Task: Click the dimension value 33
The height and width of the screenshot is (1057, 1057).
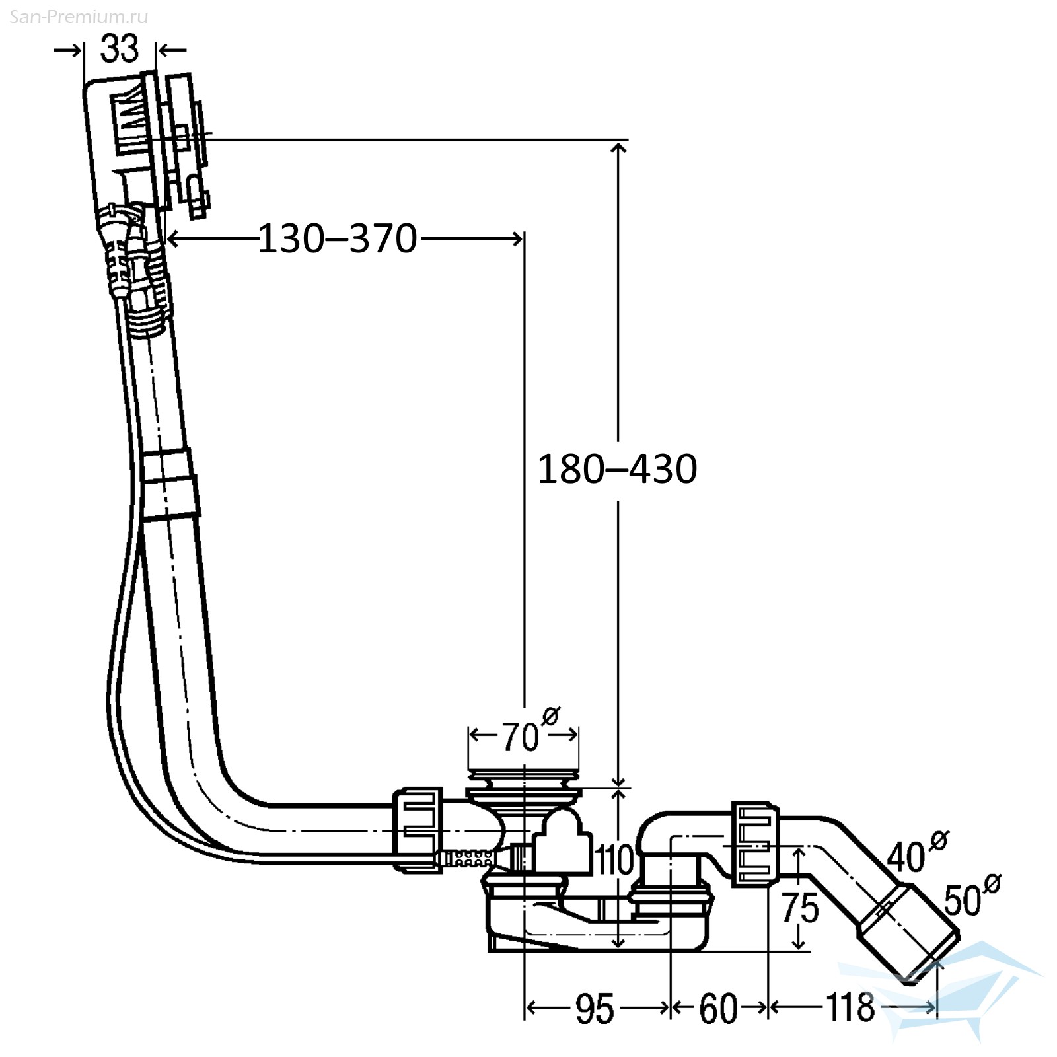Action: [x=120, y=49]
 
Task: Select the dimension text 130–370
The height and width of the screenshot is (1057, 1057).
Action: [x=337, y=238]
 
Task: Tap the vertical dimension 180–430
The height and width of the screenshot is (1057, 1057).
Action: [x=617, y=469]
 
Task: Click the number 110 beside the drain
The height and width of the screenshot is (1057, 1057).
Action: [x=614, y=859]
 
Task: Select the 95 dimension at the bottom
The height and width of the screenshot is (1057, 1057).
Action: [x=595, y=1009]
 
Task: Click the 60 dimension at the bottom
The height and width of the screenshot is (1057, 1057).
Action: [x=718, y=1009]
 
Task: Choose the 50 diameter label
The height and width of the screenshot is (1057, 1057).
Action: [x=971, y=895]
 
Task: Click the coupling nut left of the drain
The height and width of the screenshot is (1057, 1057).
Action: [x=418, y=830]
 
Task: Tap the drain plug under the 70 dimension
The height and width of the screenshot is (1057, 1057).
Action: [x=524, y=780]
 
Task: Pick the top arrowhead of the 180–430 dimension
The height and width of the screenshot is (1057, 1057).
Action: [x=618, y=149]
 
